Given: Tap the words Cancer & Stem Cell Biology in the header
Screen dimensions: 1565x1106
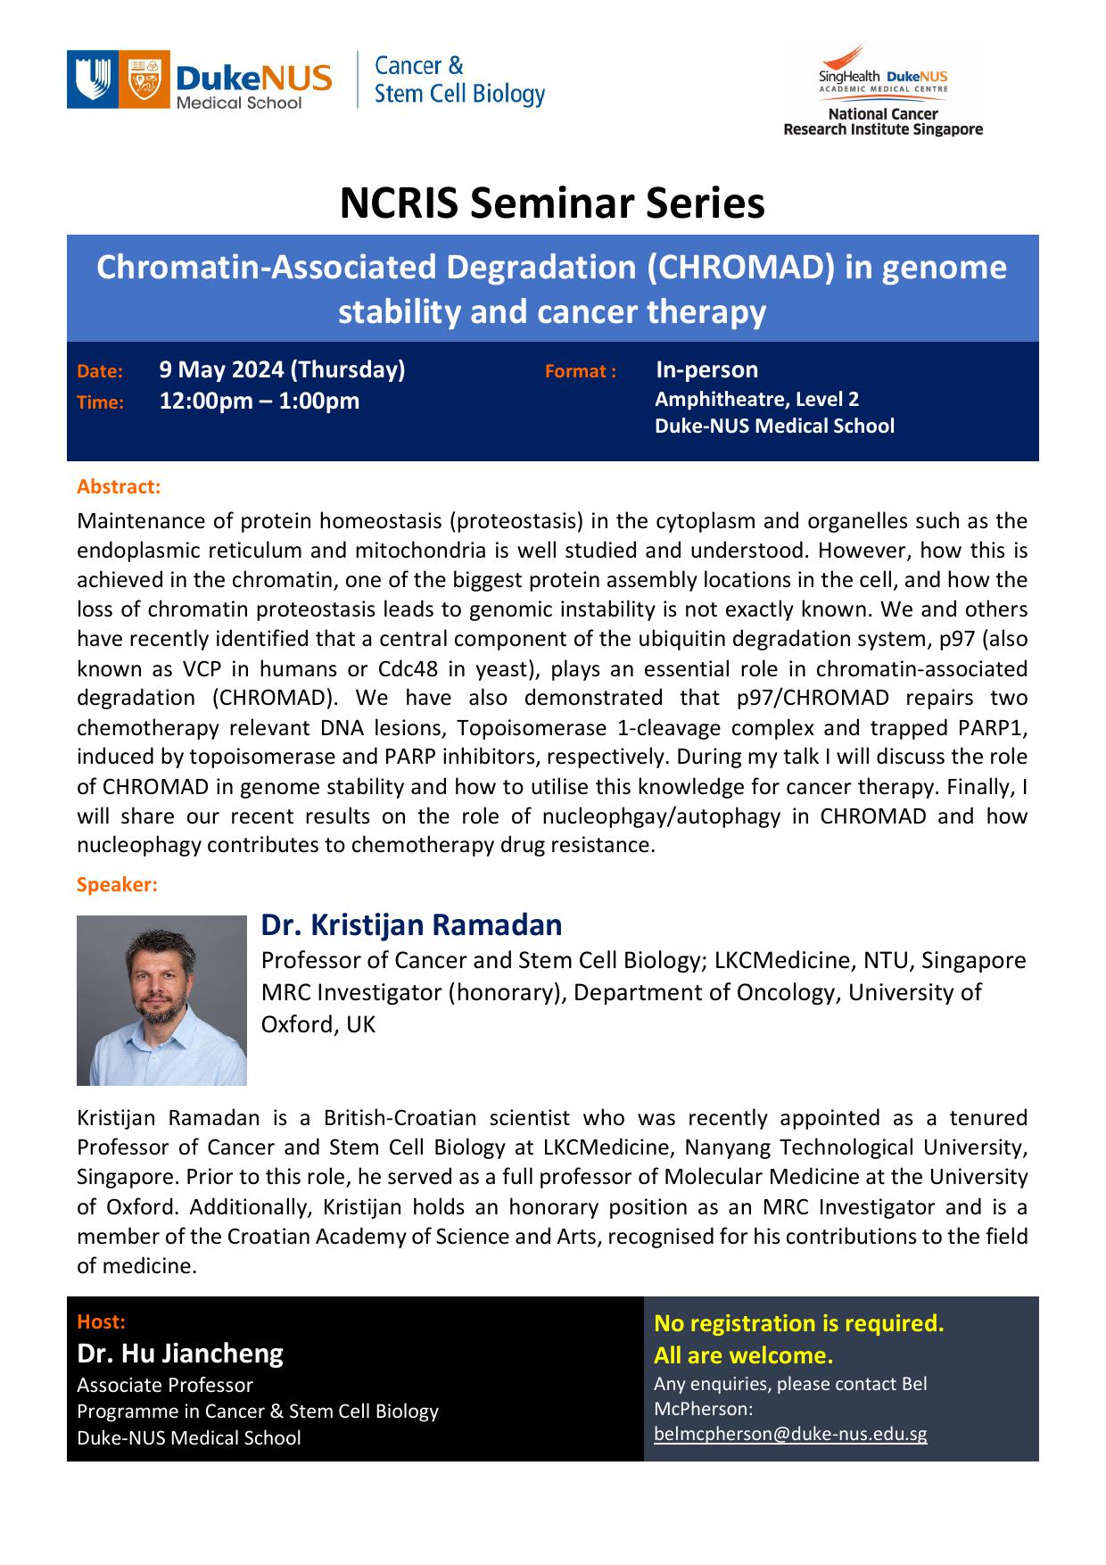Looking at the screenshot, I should tap(458, 80).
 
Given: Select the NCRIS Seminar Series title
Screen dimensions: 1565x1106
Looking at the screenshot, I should tap(552, 203).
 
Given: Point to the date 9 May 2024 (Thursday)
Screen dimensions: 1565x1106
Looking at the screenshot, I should tap(282, 369).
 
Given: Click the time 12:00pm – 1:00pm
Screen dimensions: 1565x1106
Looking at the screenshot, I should tap(260, 401).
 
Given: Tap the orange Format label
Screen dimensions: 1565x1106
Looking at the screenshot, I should tap(580, 371).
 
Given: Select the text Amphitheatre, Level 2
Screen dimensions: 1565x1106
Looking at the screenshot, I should tap(756, 399).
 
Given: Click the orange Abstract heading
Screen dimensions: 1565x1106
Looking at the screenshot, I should tap(119, 486).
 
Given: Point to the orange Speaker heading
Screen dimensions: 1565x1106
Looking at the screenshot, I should tap(117, 884).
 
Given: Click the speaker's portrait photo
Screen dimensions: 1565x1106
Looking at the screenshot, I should tap(161, 1000).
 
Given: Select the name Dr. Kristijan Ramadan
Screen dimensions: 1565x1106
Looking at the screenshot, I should tap(411, 924).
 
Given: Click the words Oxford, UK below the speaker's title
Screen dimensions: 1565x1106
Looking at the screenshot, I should tap(318, 1024).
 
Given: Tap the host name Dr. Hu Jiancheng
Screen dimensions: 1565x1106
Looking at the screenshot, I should tap(180, 1354).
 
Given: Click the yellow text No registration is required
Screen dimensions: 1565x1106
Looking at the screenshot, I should tap(798, 1323).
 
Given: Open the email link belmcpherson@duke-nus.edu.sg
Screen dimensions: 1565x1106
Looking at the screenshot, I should tap(789, 1434).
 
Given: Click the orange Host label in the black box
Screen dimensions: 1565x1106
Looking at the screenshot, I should tap(101, 1321).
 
